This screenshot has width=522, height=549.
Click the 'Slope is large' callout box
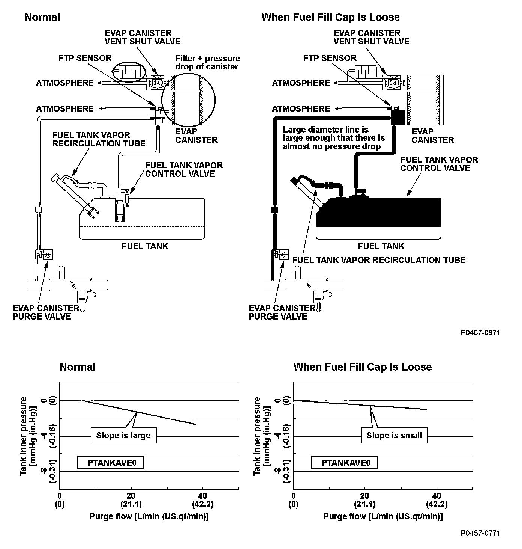click(123, 436)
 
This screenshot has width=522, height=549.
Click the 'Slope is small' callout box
click(394, 436)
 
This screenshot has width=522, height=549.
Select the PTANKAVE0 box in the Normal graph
click(111, 462)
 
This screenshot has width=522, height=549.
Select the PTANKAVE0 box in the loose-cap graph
click(344, 462)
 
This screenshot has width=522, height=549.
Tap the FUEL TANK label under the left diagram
click(145, 246)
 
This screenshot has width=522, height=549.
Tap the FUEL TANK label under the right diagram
click(381, 246)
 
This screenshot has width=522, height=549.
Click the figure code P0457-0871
click(480, 333)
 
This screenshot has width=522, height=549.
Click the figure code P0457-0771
click(480, 533)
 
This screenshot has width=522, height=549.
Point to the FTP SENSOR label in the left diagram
click(85, 58)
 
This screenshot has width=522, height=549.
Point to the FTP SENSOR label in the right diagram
click(330, 58)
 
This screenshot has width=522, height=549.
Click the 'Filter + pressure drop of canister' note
click(207, 63)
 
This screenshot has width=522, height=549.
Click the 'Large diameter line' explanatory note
click(334, 138)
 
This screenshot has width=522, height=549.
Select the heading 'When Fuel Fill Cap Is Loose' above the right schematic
click(330, 17)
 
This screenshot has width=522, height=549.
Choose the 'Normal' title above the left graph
click(78, 367)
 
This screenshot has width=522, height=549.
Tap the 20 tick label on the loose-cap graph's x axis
click(364, 496)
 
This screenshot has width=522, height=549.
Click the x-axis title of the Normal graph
click(149, 516)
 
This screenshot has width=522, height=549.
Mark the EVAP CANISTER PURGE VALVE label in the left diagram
click(46, 312)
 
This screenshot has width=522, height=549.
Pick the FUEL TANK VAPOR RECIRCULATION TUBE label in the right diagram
click(379, 260)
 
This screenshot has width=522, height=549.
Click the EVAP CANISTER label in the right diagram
click(433, 136)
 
